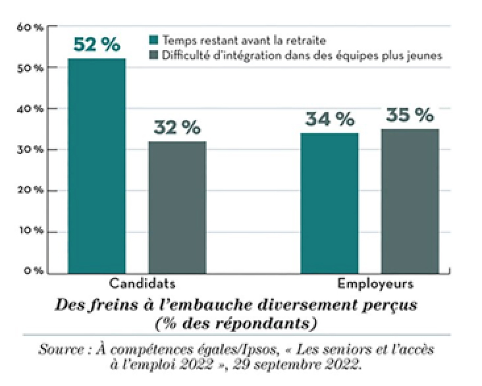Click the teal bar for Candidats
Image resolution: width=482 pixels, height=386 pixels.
(x=97, y=165)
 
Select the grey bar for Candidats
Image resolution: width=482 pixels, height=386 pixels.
(x=177, y=206)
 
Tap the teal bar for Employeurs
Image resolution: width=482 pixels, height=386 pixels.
(x=330, y=202)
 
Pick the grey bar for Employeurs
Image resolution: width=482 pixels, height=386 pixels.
(x=410, y=200)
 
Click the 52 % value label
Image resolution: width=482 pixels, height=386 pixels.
(x=97, y=45)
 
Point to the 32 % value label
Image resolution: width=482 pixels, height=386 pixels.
(x=177, y=128)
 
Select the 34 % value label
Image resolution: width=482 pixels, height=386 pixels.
(x=329, y=119)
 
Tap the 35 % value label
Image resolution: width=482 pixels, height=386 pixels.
(x=410, y=115)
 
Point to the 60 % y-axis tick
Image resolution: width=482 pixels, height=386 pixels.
(x=30, y=28)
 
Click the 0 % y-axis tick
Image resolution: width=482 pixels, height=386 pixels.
(x=32, y=271)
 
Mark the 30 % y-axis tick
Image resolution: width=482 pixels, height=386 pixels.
(x=30, y=150)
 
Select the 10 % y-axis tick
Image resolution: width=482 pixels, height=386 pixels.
(x=30, y=231)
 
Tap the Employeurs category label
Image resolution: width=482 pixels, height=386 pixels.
(x=376, y=285)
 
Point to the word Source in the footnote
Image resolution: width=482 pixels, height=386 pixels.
(x=60, y=350)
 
